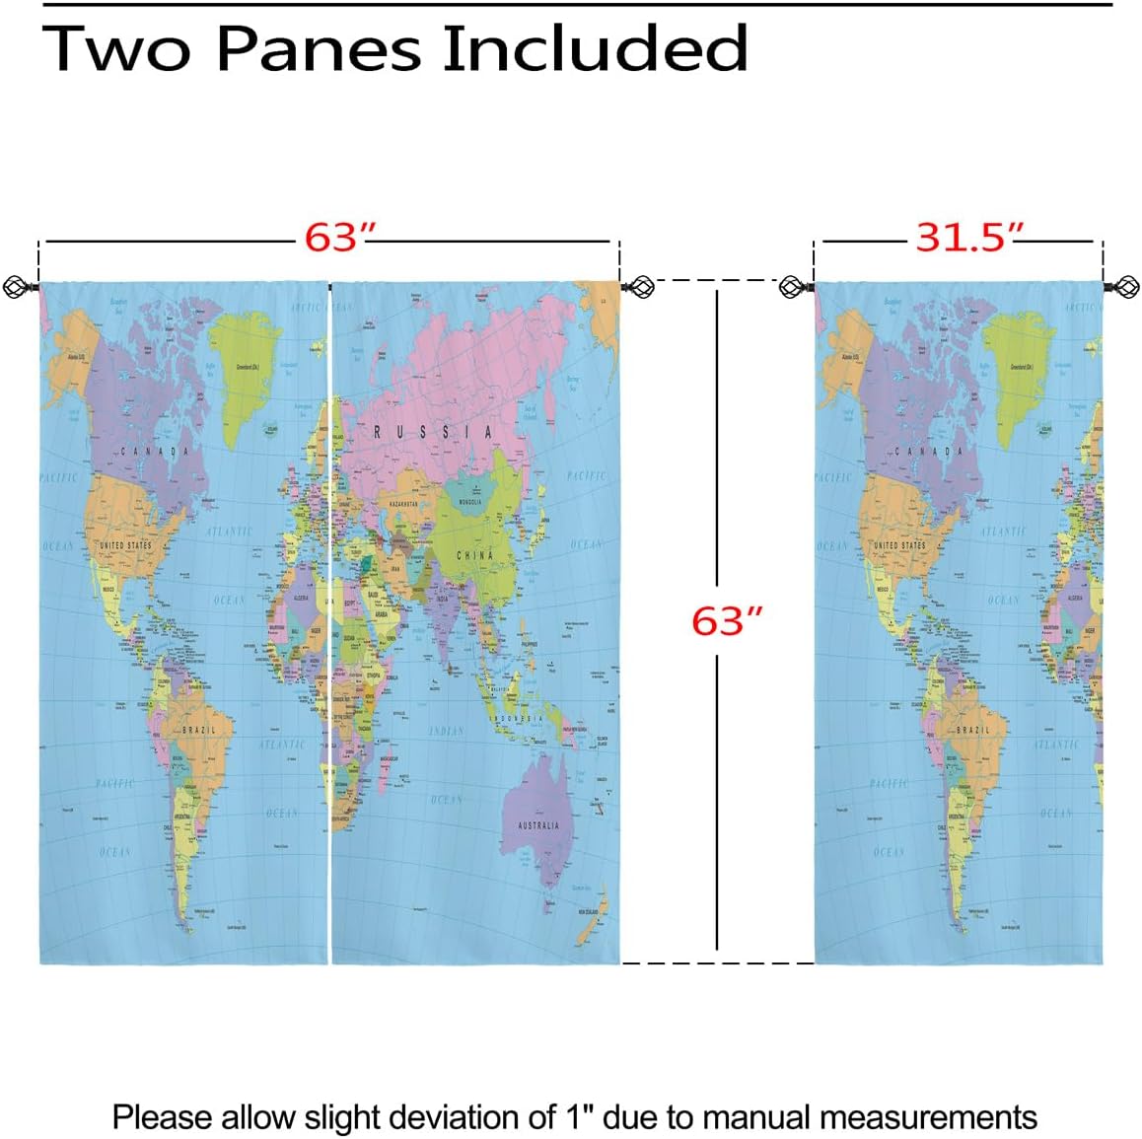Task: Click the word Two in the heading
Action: point(115,47)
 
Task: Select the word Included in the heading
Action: point(595,47)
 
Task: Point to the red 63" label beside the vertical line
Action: point(727,620)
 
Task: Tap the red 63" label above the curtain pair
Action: point(339,238)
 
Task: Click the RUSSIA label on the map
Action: point(432,432)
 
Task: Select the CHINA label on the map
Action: point(474,555)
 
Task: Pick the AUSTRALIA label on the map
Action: point(537,825)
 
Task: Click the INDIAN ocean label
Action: point(446,731)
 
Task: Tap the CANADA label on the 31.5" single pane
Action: point(929,452)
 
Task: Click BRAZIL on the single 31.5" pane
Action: point(972,730)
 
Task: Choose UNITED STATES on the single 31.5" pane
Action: point(899,544)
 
